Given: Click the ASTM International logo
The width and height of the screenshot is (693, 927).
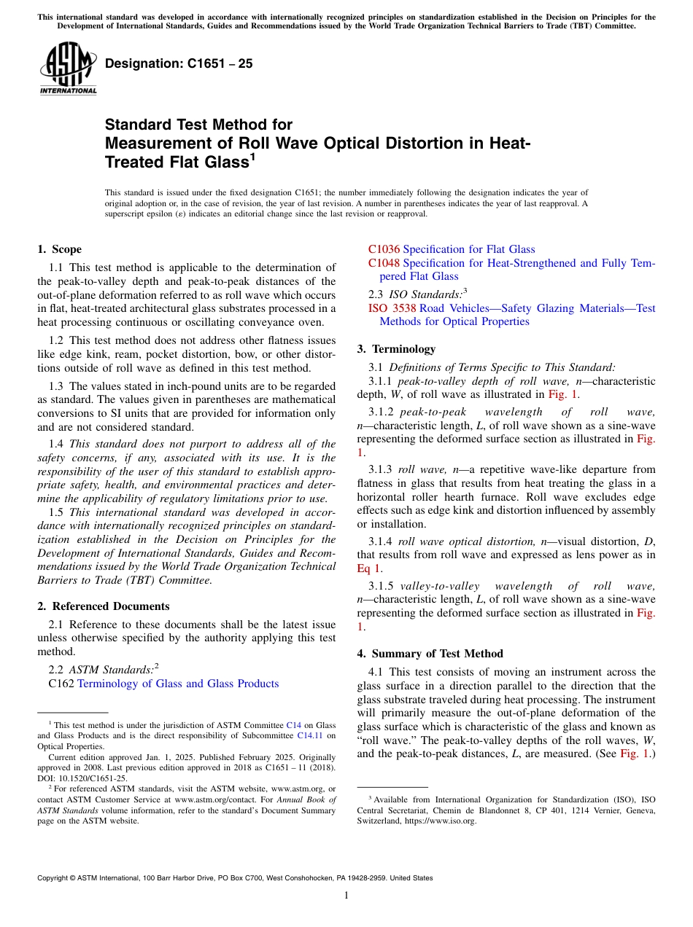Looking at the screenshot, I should [x=67, y=69].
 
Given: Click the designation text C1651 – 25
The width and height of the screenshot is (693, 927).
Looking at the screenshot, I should [x=179, y=63].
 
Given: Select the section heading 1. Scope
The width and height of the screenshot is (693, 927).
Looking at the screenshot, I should [x=59, y=249].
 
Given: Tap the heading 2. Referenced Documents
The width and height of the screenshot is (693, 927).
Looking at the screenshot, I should [x=104, y=606].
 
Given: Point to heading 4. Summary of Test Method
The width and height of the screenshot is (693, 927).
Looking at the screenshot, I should [x=430, y=654].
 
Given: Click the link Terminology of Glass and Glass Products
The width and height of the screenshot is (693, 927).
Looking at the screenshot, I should [x=177, y=684].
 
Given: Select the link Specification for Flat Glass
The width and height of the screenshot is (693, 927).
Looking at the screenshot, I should [x=468, y=249].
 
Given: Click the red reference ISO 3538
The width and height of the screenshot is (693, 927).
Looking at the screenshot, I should [x=392, y=308].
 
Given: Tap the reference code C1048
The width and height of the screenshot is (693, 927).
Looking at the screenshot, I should [x=384, y=263].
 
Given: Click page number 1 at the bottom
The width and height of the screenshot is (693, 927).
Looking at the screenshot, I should [x=346, y=896].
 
